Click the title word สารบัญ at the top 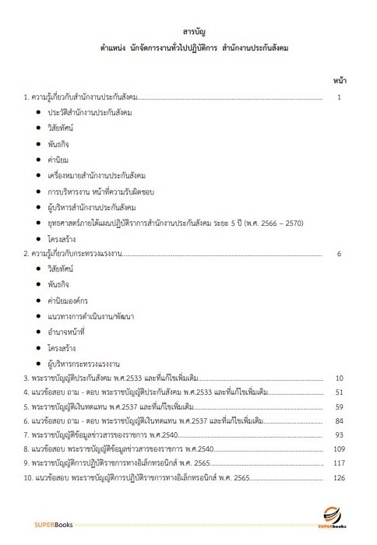pos(188,32)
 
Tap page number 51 pos(339,392)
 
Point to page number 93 pos(339,434)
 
